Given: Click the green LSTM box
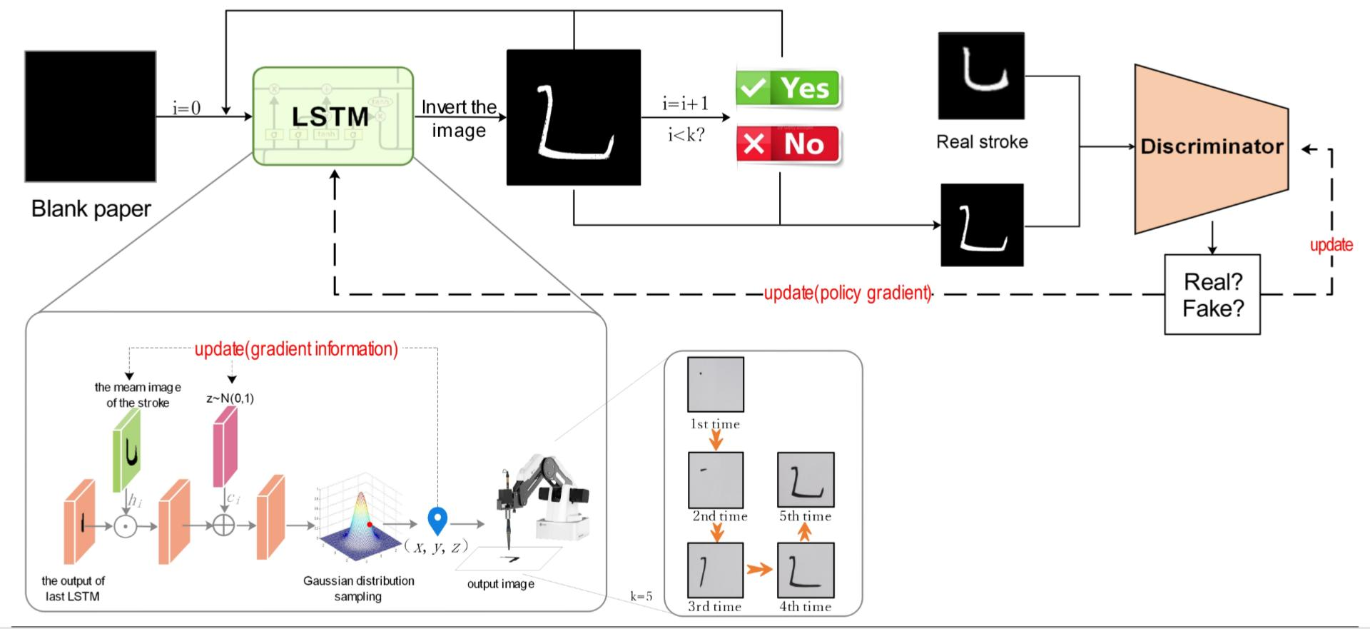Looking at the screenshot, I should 333,116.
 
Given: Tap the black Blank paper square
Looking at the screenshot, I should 91,116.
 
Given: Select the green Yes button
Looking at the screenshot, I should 788,89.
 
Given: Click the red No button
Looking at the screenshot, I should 788,145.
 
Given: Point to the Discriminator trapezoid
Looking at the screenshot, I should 1211,148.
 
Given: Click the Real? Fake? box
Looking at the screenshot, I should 1212,294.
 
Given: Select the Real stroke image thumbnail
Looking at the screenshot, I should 981,76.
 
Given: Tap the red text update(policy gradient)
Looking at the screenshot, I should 847,293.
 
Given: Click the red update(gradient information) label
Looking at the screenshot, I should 296,349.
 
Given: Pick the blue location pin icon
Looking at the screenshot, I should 437,520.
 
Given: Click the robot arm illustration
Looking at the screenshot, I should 542,500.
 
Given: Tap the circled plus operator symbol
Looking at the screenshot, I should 223,525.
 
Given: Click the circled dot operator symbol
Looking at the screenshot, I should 126,526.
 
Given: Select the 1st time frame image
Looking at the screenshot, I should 715,384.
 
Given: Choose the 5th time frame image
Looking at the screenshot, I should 806,479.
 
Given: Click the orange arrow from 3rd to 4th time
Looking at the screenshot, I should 760,569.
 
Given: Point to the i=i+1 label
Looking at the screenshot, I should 685,104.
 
